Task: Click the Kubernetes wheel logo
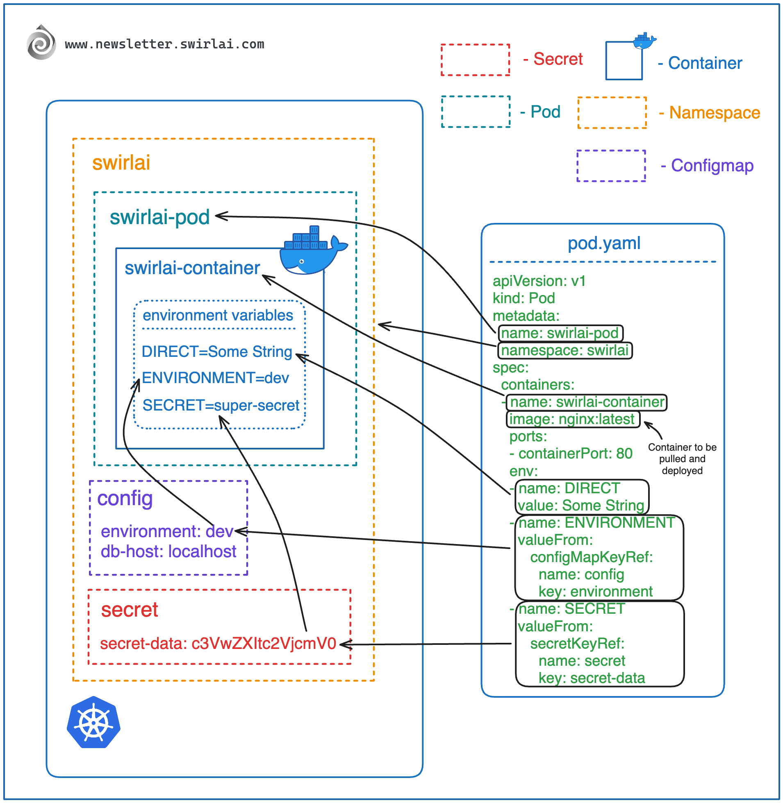point(93,722)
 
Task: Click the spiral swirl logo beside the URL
point(41,43)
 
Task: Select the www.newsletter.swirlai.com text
point(164,44)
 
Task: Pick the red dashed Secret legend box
point(476,60)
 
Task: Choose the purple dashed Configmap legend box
point(611,166)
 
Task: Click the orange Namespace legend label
point(714,113)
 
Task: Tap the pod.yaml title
point(604,243)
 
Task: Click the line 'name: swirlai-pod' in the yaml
point(560,333)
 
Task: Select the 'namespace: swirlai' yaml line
point(564,350)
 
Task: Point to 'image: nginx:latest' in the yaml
point(572,419)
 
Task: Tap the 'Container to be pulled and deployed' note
point(682,458)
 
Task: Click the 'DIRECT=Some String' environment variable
point(217,352)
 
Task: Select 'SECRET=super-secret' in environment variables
point(221,406)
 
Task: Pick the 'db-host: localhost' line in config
point(168,551)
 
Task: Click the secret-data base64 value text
point(263,644)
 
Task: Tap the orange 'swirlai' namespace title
point(121,163)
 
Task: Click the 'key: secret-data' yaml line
point(592,678)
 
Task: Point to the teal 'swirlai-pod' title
point(159,217)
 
